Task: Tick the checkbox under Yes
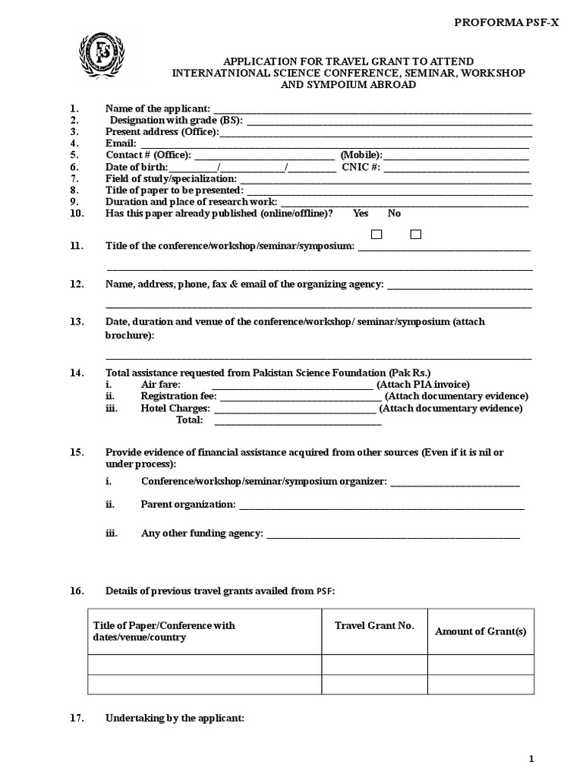coord(377,234)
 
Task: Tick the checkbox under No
coord(415,234)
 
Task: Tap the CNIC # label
coord(361,167)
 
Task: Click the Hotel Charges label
coord(175,408)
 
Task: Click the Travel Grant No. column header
coord(374,626)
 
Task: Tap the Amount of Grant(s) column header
coord(481,632)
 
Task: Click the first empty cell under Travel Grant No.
coord(374,665)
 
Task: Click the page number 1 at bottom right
coord(531,759)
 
